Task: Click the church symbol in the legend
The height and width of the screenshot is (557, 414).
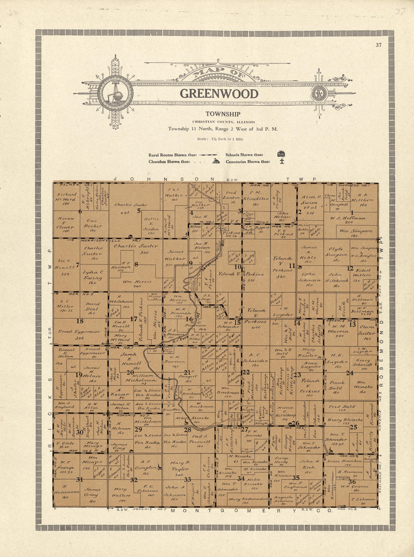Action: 216,161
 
